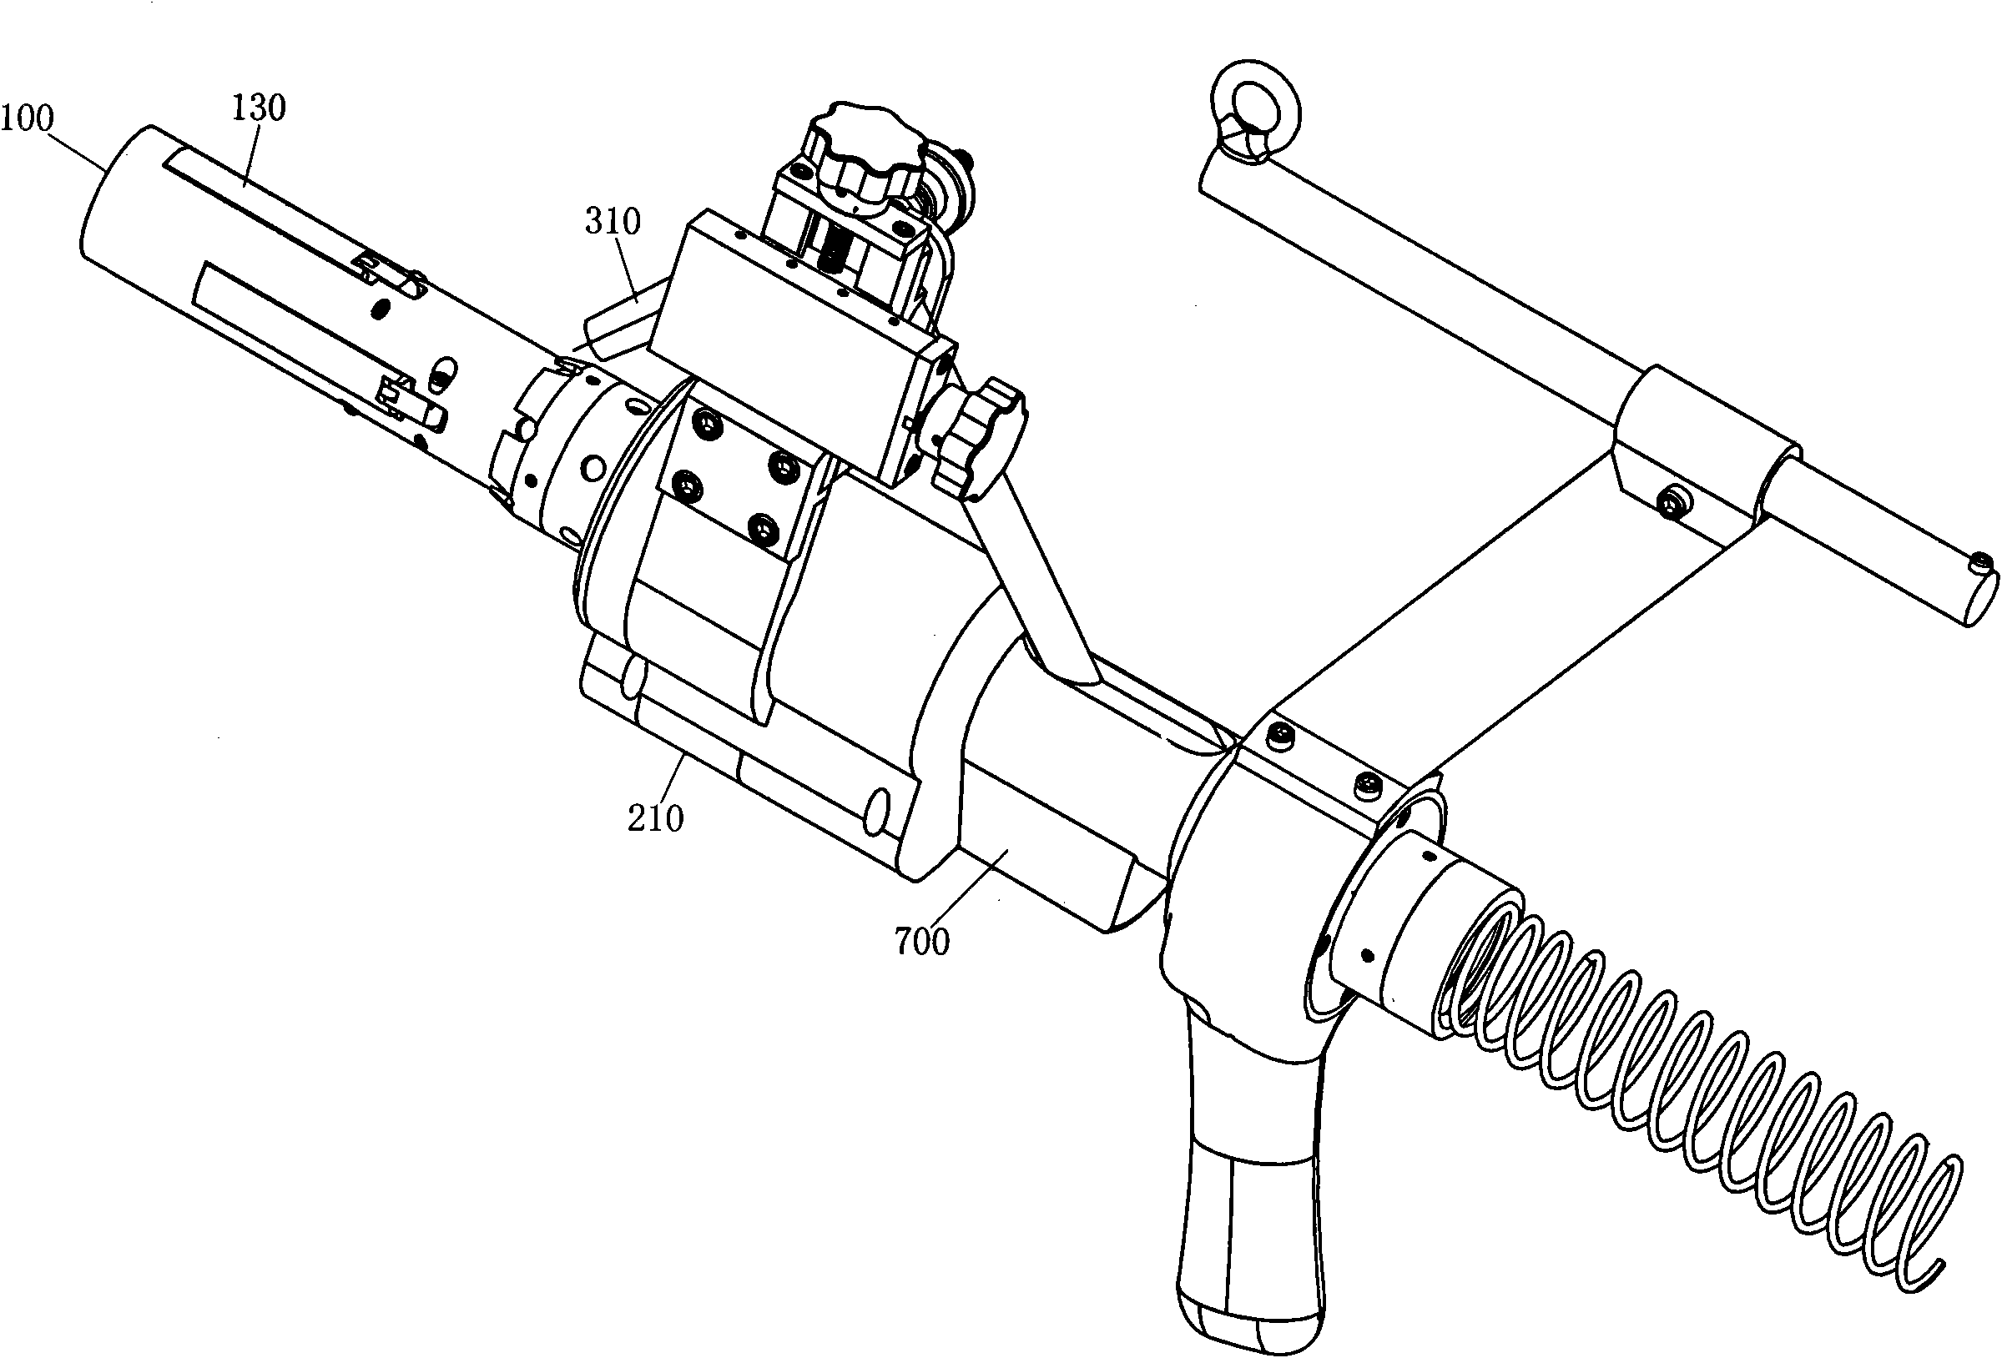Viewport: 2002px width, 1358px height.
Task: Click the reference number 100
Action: tap(27, 118)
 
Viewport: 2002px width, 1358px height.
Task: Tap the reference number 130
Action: tap(259, 108)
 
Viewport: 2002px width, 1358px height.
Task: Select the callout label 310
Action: tap(613, 222)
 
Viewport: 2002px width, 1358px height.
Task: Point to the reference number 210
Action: tap(656, 818)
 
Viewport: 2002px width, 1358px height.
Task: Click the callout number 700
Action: tap(923, 942)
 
